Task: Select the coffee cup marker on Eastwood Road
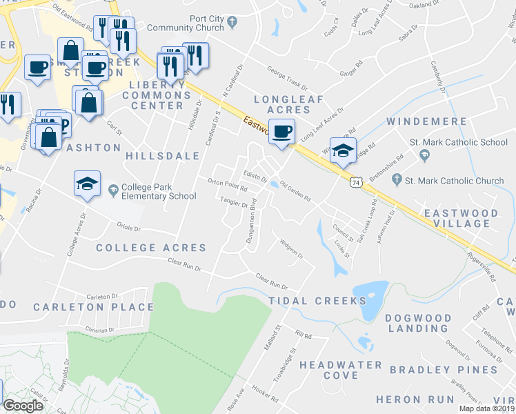(x=281, y=131)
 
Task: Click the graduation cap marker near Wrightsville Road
(x=343, y=150)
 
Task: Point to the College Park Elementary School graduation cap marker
(x=87, y=184)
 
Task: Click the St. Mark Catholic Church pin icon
(x=397, y=180)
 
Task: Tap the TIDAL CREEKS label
(x=317, y=301)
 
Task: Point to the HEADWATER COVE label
(x=341, y=370)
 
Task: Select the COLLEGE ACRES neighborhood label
(x=151, y=248)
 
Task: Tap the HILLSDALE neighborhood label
(x=163, y=157)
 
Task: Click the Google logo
(x=23, y=406)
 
